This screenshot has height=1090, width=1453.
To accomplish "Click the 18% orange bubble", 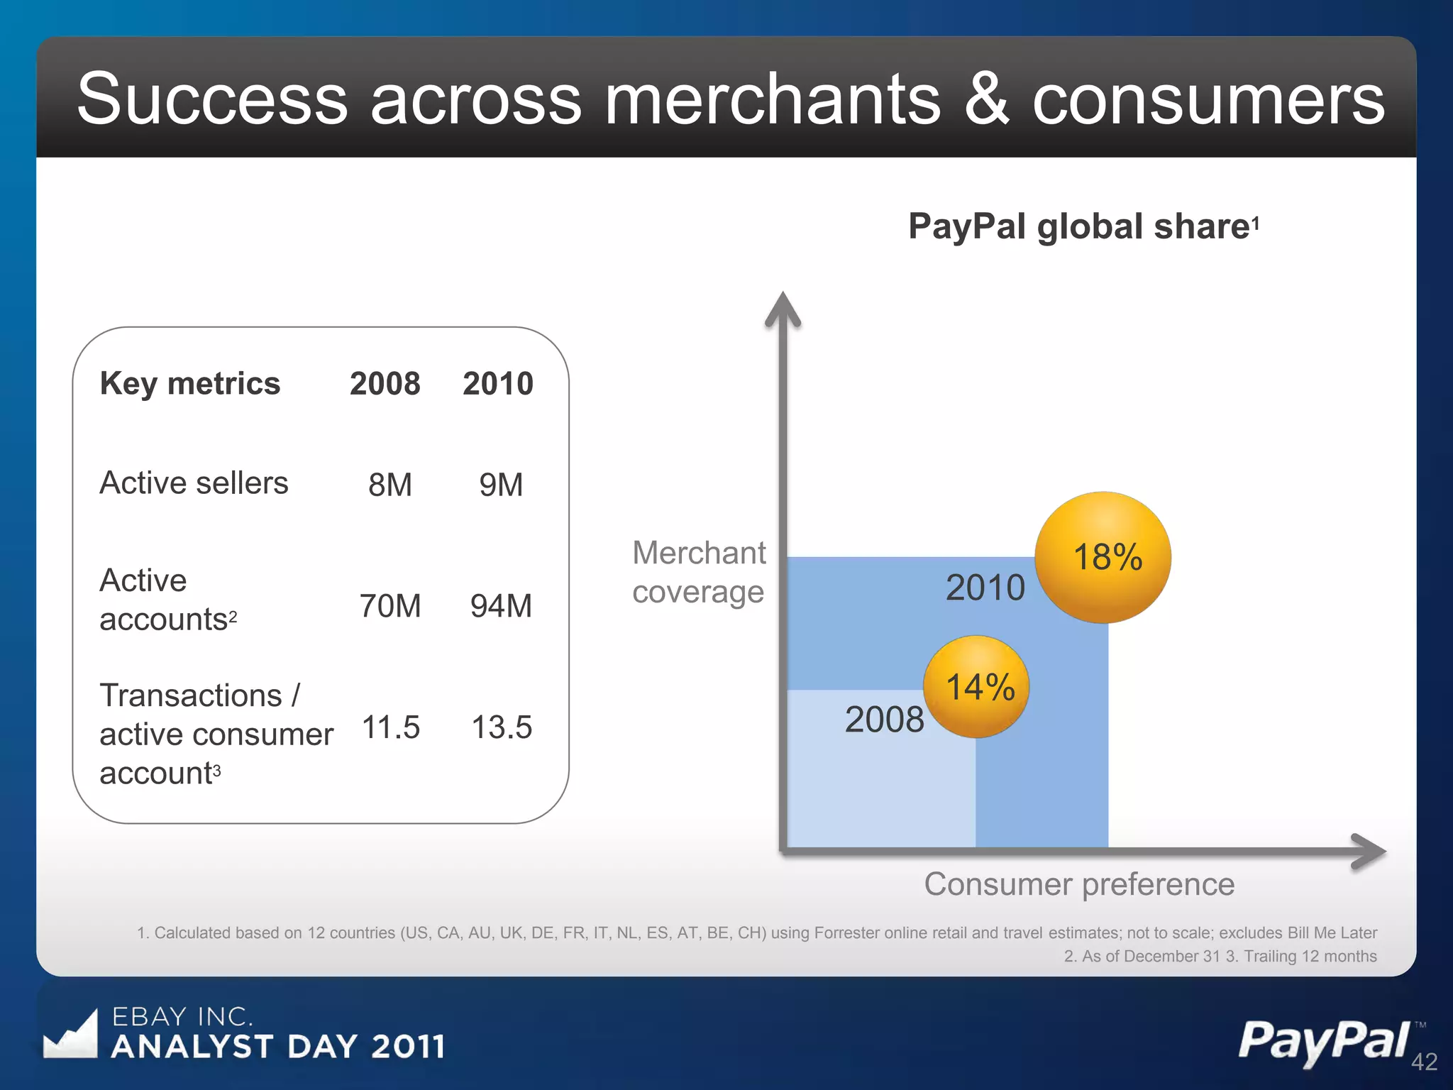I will click(x=1103, y=557).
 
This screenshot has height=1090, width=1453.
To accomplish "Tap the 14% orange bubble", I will click(x=977, y=686).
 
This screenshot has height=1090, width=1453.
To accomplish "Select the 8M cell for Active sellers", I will click(x=390, y=485).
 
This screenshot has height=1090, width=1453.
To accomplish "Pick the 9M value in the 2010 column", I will click(x=501, y=485).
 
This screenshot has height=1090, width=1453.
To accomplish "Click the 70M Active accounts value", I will click(x=390, y=606).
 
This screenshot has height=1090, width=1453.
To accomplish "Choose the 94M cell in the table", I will click(x=501, y=606).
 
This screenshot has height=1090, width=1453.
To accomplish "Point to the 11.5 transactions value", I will click(x=391, y=727).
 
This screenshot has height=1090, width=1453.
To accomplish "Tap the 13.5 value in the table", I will click(x=502, y=727).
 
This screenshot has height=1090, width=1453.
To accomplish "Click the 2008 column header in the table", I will click(x=385, y=383).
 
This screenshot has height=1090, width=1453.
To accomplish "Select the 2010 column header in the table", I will click(x=498, y=383).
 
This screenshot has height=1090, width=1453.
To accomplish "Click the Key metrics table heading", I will click(x=190, y=383).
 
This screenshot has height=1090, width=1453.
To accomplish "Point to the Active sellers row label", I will click(x=194, y=483).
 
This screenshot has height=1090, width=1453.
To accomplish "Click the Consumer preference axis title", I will click(x=1079, y=884).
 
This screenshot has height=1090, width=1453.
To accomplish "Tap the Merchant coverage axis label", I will click(x=699, y=572).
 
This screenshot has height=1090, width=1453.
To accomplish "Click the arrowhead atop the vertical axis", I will click(x=783, y=309).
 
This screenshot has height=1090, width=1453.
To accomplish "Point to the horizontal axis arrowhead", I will click(x=1369, y=851).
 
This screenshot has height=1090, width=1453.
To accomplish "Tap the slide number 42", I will click(x=1424, y=1062).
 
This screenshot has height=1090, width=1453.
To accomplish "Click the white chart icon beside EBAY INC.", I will click(x=71, y=1035).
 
